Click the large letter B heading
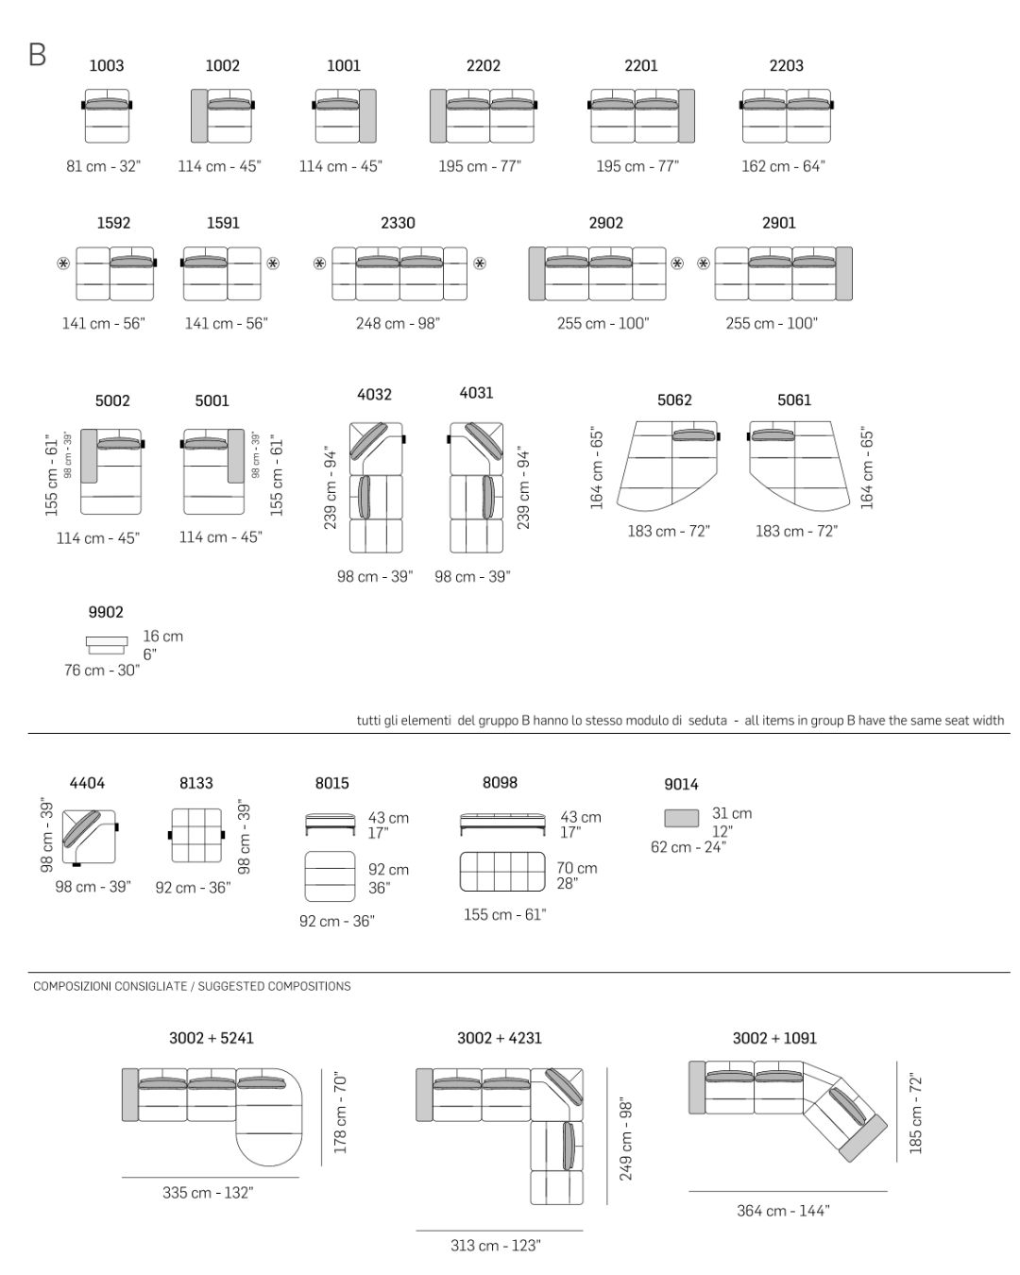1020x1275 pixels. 38,55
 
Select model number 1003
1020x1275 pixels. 107,65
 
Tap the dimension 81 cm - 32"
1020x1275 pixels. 104,166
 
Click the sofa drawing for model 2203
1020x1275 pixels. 787,115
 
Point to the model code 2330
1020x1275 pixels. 398,223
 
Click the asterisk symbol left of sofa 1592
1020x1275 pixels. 63,263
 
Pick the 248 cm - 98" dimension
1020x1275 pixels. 398,323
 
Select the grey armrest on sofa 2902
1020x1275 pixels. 536,273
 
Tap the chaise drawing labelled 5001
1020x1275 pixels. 212,471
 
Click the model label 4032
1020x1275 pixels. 374,394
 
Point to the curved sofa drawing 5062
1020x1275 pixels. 668,466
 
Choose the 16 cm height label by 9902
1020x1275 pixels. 163,636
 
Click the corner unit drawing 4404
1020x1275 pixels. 90,838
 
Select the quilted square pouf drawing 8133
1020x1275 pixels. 196,836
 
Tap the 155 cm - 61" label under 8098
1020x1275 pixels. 504,914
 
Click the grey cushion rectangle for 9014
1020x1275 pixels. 681,818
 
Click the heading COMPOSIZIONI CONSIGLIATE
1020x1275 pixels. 110,986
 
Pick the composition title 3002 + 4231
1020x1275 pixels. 499,1037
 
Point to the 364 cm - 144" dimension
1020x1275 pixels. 783,1211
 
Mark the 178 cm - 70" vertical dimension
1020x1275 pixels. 341,1112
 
